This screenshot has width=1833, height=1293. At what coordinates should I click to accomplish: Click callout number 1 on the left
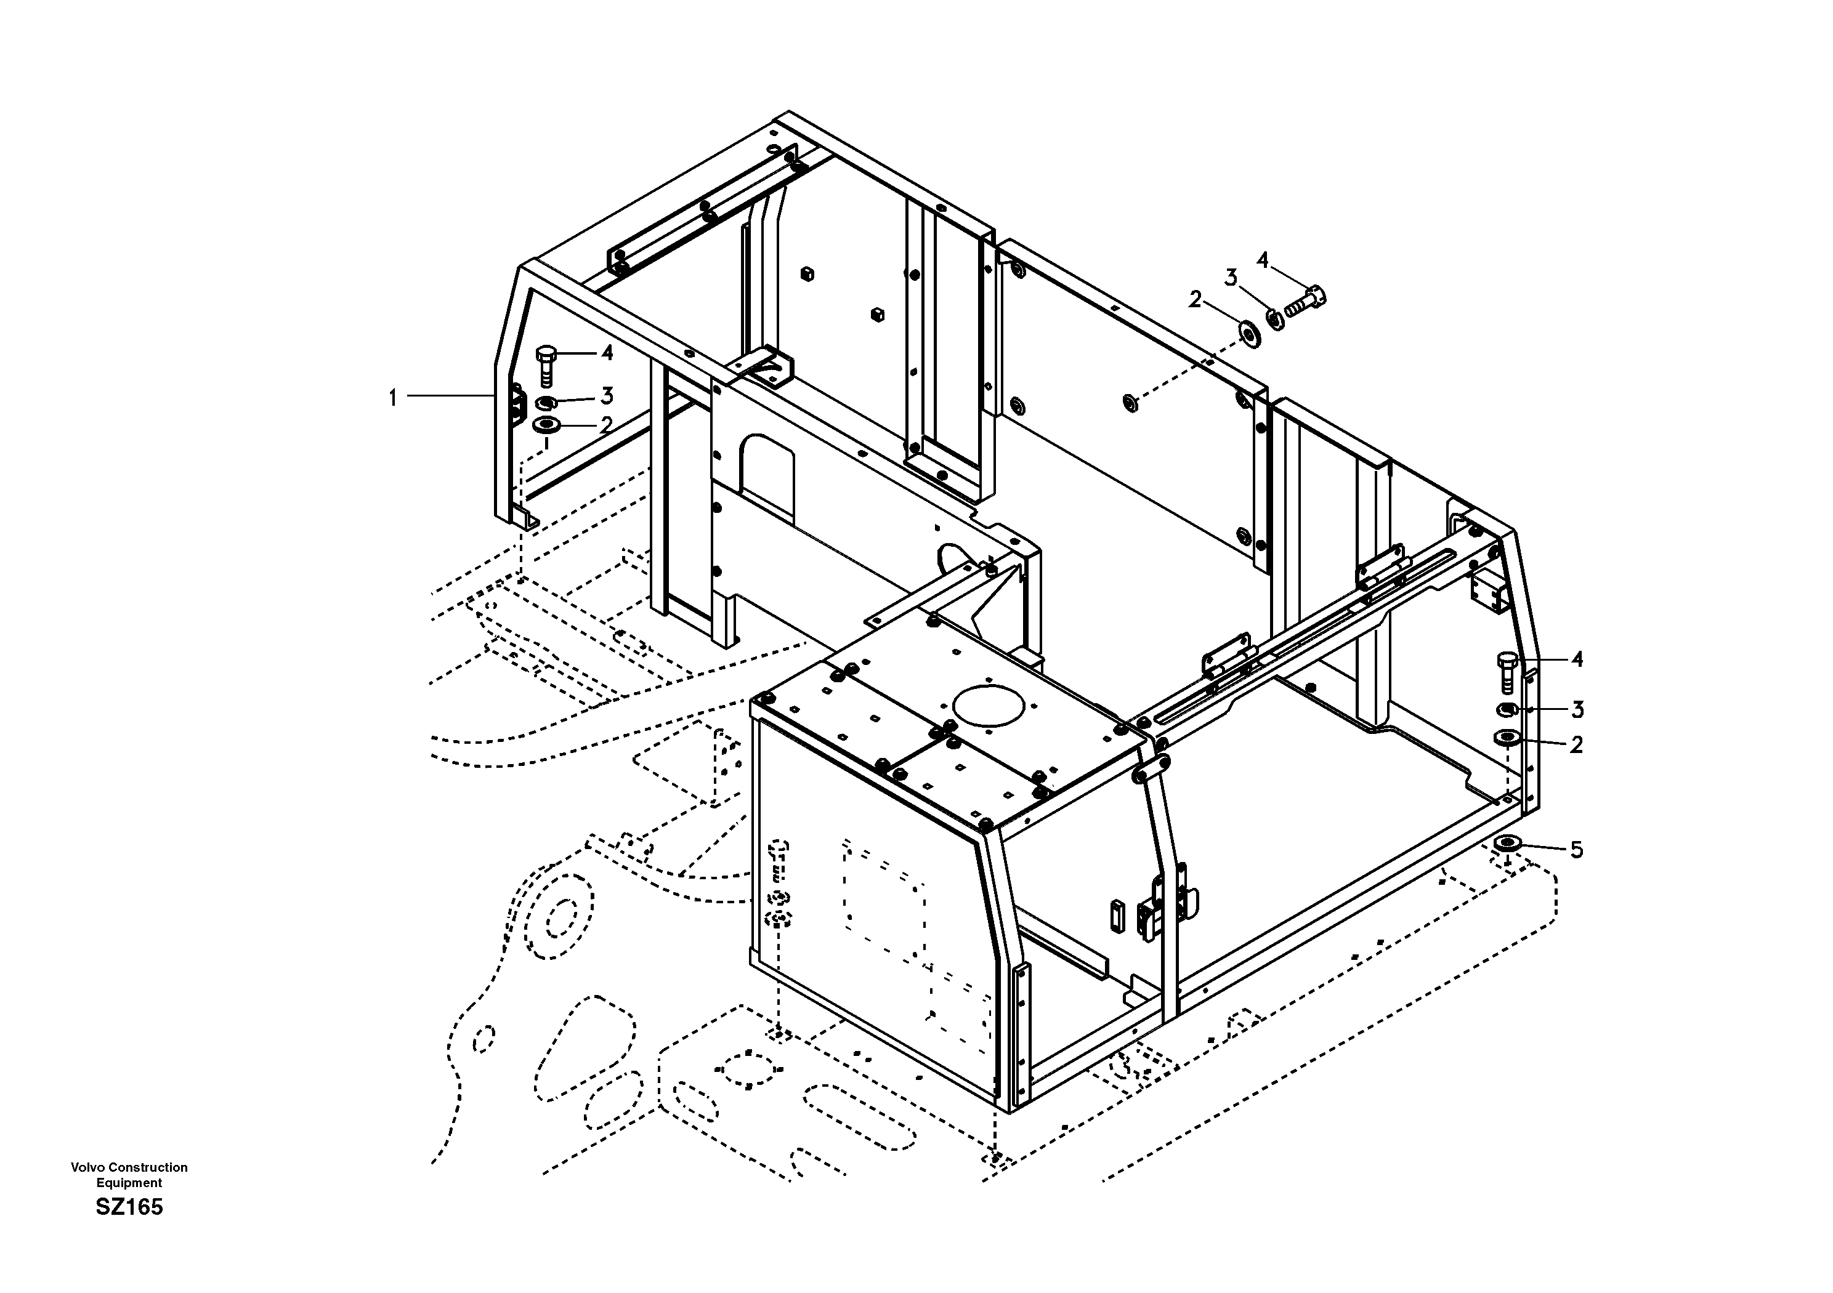click(x=392, y=398)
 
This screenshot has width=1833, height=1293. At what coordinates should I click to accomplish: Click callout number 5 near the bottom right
click(x=1576, y=850)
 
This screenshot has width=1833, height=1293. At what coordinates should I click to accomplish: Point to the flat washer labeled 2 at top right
click(x=1250, y=333)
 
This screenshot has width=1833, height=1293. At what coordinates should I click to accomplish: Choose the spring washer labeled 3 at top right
click(x=1276, y=320)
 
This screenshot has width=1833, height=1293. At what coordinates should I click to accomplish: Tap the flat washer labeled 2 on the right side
click(x=1507, y=738)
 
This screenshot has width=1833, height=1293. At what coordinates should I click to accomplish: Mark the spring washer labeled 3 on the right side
click(x=1506, y=709)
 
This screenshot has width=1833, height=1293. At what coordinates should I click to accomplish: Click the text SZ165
click(x=129, y=1207)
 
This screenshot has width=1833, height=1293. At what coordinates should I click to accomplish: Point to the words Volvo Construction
click(x=129, y=1167)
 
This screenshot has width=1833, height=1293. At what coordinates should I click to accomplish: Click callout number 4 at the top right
click(x=1262, y=260)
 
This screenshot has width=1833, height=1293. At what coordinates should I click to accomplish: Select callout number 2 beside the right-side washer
click(x=1576, y=744)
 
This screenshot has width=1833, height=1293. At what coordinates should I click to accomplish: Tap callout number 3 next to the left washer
click(x=607, y=395)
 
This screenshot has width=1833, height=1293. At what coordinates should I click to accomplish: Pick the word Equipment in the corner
click(x=129, y=1183)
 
